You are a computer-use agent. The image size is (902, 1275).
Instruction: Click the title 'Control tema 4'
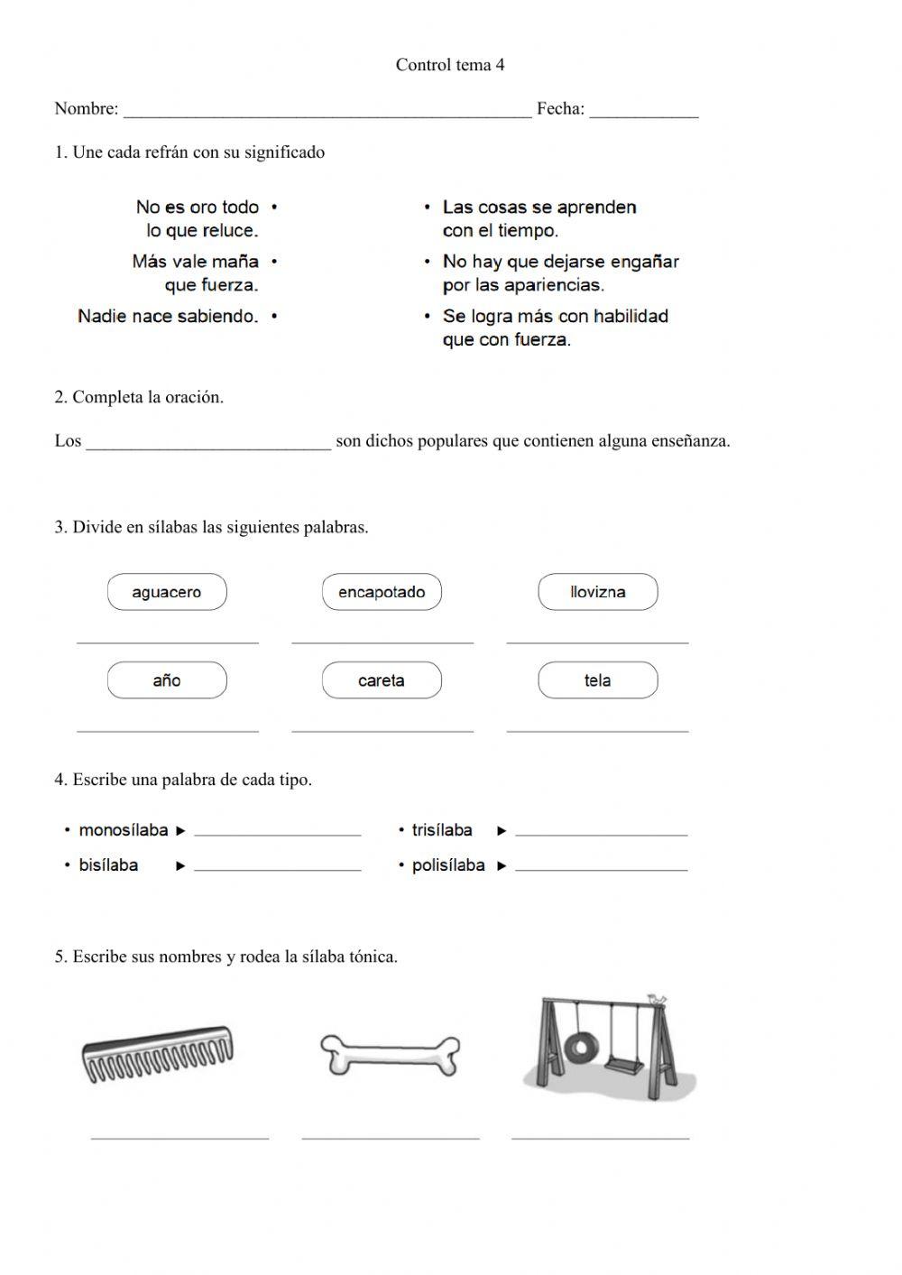point(450,65)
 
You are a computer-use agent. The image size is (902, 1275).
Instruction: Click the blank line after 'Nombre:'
point(327,113)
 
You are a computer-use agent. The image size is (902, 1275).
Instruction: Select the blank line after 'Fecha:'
point(644,113)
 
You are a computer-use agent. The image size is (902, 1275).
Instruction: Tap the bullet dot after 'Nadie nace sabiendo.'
point(274,317)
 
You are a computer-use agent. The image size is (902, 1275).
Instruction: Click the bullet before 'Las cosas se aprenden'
point(428,208)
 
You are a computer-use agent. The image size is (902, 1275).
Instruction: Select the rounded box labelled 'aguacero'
point(167,593)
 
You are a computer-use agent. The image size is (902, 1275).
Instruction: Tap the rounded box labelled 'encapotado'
point(382,593)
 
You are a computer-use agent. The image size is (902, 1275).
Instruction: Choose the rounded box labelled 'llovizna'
point(597,593)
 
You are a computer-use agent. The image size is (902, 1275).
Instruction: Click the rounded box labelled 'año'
point(167,681)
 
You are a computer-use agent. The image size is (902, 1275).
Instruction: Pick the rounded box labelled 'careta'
point(382,681)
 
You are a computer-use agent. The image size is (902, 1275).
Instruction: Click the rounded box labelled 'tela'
point(597,681)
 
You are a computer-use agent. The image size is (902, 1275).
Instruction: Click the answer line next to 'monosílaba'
point(278,833)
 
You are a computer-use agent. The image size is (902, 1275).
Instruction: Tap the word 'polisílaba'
point(448,865)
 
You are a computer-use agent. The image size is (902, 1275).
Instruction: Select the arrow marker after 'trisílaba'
point(502,831)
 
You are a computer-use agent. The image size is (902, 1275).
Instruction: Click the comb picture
point(158,1053)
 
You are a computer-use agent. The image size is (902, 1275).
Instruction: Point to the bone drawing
point(390,1055)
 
